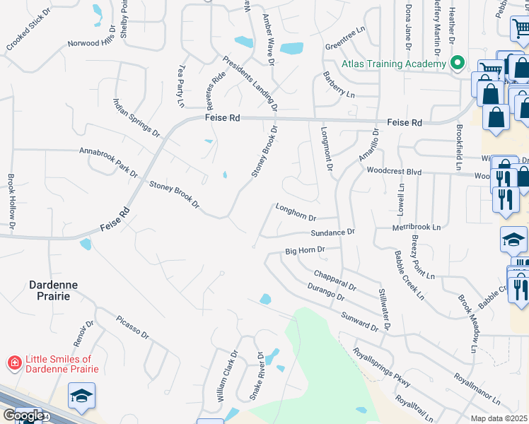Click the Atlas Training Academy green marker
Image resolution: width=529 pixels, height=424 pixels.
[458, 64]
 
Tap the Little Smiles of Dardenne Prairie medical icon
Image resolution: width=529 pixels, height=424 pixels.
[13, 364]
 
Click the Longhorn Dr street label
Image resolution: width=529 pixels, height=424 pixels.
[296, 213]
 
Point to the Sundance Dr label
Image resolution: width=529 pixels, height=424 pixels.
[332, 232]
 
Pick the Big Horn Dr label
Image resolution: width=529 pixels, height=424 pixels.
[305, 250]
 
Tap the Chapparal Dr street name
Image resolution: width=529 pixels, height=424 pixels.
[335, 279]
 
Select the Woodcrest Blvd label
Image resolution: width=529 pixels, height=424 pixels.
[394, 170]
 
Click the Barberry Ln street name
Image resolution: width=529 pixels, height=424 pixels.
[339, 84]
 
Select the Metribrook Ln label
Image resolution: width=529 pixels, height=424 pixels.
[417, 228]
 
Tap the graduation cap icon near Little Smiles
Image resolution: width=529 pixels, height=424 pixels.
[81, 396]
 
